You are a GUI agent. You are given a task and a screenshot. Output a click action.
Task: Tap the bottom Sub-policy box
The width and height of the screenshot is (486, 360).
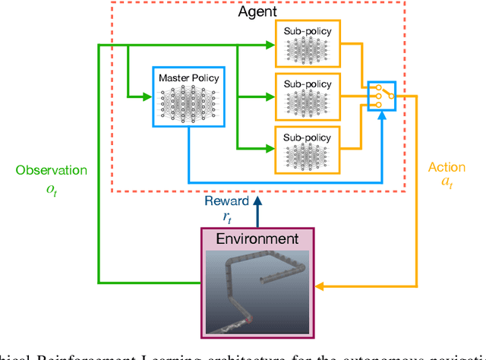pos(308,148)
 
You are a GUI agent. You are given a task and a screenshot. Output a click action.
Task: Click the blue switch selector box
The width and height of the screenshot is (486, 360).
pos(381,96)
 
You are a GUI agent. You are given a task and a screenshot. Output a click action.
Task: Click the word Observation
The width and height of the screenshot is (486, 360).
pos(51,171)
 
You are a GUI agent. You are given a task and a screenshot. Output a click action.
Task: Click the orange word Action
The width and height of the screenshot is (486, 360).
pos(447,167)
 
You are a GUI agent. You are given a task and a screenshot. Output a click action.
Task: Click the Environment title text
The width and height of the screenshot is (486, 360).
pos(257,238)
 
